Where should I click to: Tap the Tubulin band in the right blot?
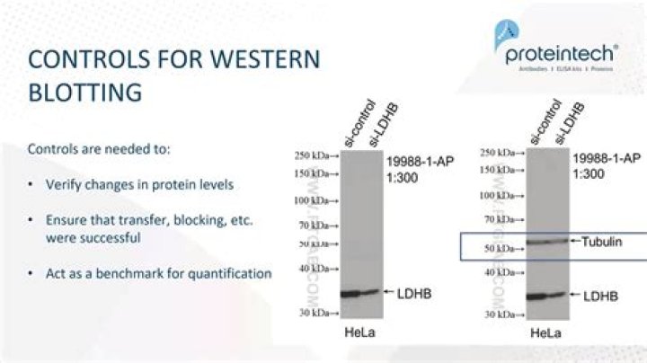547,241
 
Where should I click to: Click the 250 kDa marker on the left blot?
316,155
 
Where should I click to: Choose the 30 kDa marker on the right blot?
503,314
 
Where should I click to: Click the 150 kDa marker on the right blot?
501,169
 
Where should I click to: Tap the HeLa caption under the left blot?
357,332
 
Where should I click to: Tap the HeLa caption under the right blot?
544,333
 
